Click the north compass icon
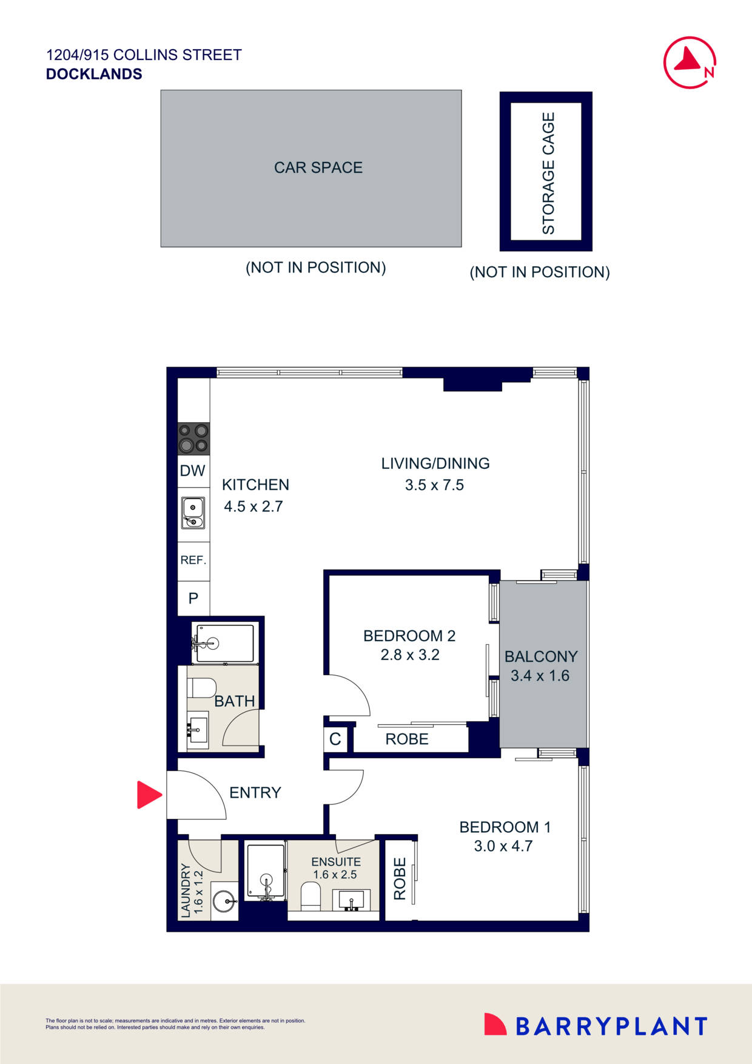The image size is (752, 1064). click(690, 62)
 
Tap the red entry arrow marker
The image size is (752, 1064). click(148, 795)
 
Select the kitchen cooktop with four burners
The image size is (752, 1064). click(193, 439)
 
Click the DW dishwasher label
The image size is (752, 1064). click(193, 471)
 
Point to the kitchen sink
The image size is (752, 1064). click(193, 513)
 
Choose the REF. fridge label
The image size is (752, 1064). click(193, 560)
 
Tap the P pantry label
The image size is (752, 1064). click(193, 599)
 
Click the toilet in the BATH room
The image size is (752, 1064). click(203, 687)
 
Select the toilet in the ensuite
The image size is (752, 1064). click(311, 895)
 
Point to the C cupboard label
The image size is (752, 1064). click(335, 739)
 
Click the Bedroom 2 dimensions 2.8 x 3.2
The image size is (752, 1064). click(410, 655)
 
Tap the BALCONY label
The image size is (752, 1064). click(541, 656)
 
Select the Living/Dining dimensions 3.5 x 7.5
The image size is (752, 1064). click(434, 485)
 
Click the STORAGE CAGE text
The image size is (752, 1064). click(548, 173)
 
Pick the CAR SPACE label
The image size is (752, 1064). click(318, 168)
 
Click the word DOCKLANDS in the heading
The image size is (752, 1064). click(94, 74)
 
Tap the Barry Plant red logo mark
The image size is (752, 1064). click(495, 1024)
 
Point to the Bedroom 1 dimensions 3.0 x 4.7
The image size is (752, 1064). click(503, 846)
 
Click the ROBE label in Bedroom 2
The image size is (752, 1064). click(407, 739)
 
